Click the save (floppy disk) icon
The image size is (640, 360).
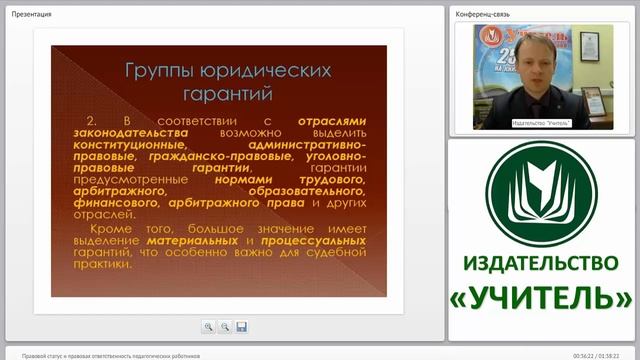coord(241,326)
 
